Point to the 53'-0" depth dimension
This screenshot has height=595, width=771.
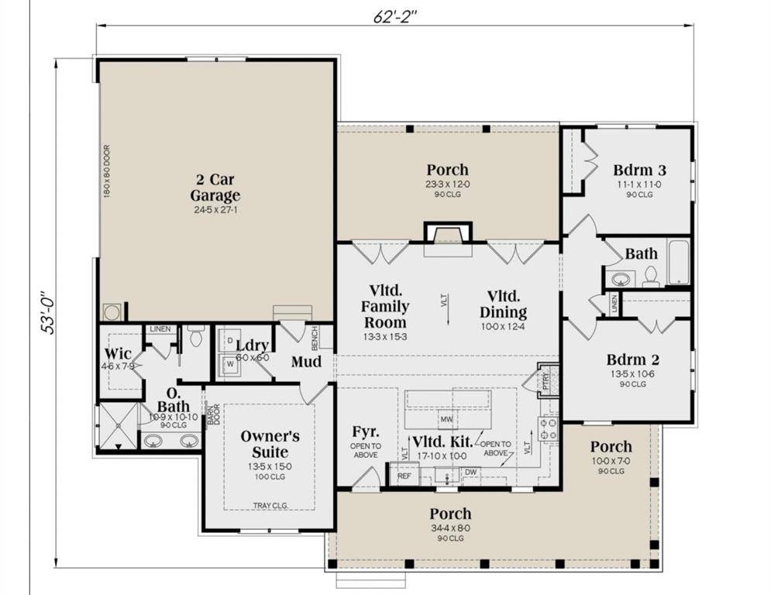(x=47, y=309)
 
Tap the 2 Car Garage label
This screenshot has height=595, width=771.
(x=215, y=187)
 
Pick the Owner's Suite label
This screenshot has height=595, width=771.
(x=270, y=444)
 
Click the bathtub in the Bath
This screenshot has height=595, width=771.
(x=679, y=262)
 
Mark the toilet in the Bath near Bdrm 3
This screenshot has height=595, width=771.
(x=651, y=277)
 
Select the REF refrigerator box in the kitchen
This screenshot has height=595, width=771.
(x=404, y=476)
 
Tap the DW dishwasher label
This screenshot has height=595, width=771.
(x=470, y=473)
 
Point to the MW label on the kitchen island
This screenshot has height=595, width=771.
(x=446, y=420)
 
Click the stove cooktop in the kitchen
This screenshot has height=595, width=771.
(x=549, y=428)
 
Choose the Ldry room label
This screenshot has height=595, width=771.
(x=252, y=346)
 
